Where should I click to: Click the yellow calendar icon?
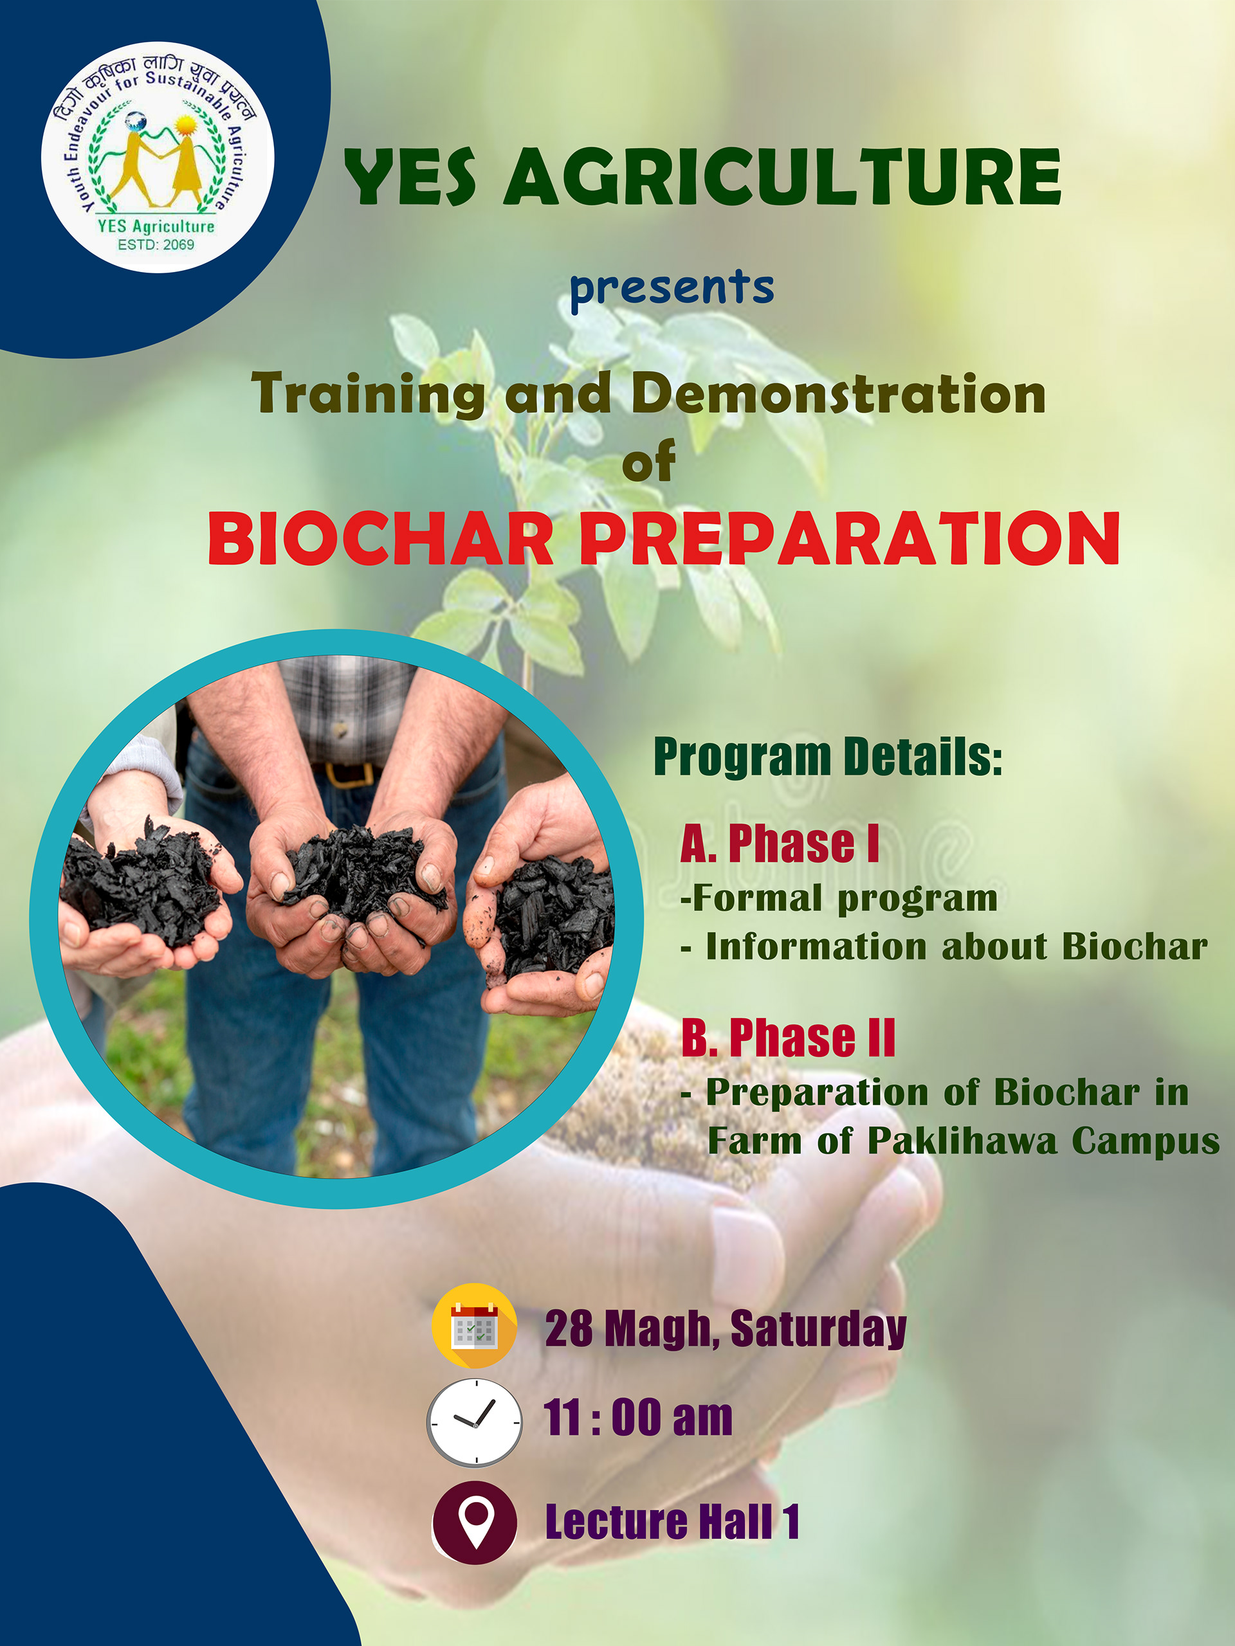[474, 1325]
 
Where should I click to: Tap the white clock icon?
[474, 1422]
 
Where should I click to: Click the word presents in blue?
[672, 289]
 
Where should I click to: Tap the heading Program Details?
[828, 757]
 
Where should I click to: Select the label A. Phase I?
[780, 844]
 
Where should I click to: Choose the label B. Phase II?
[787, 1037]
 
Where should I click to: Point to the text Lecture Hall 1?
[672, 1522]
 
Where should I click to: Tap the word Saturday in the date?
[818, 1330]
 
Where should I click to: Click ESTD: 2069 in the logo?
[156, 244]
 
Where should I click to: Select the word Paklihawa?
[962, 1141]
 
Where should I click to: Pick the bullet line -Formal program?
[838, 898]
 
